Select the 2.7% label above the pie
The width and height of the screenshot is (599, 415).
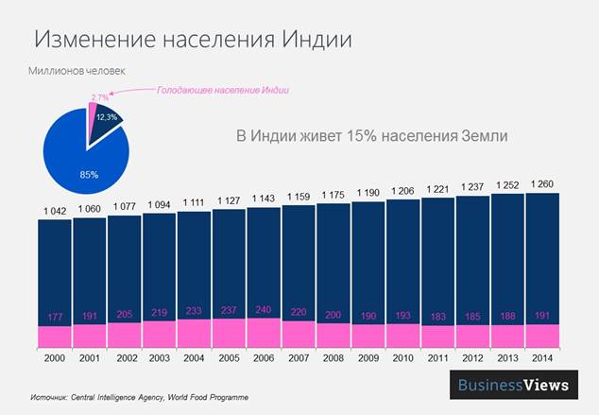[99, 95]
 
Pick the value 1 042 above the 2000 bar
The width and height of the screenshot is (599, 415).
[54, 209]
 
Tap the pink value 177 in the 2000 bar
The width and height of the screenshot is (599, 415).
[54, 315]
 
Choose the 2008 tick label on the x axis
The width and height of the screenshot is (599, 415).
[334, 359]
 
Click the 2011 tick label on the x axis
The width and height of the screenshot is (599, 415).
[437, 359]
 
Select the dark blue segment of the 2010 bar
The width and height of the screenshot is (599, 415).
[403, 255]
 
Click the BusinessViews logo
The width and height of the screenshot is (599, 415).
[513, 385]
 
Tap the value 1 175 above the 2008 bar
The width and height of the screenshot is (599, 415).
[334, 195]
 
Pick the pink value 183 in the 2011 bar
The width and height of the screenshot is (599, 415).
[437, 314]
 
